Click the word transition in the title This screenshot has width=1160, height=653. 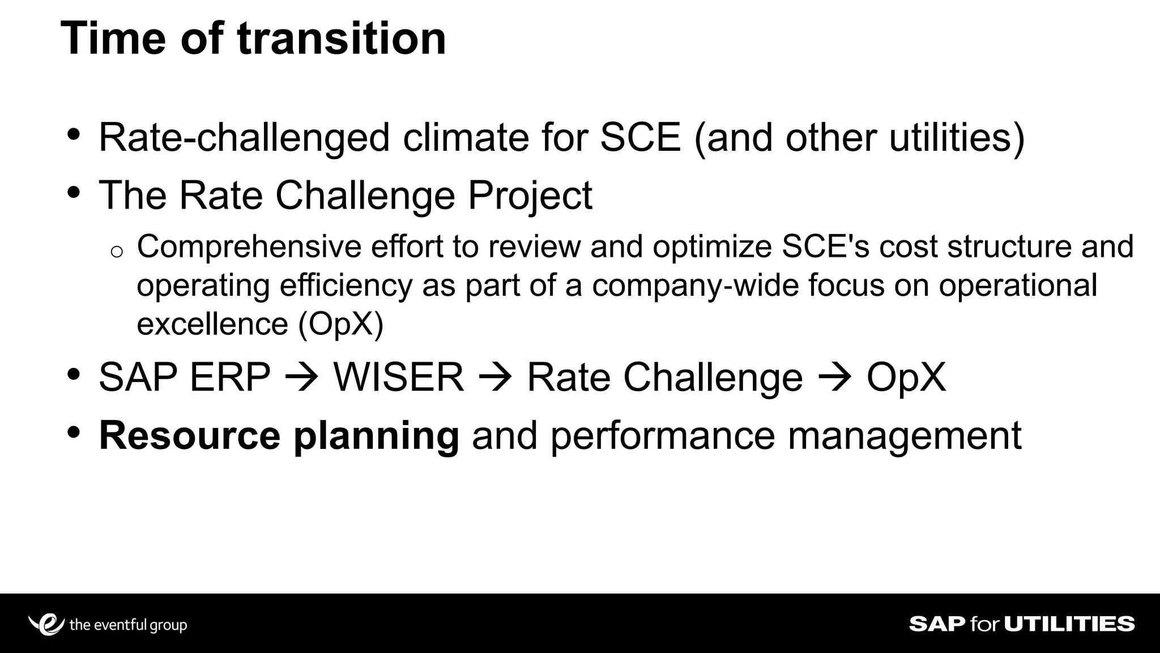(x=342, y=39)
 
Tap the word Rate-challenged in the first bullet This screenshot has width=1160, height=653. (x=244, y=138)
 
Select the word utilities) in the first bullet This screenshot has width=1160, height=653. (x=957, y=138)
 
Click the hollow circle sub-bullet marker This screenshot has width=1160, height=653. (x=117, y=252)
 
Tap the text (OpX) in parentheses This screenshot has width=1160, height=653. (x=341, y=324)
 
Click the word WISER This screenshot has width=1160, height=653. (x=398, y=378)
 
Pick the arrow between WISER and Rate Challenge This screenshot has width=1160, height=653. (x=495, y=378)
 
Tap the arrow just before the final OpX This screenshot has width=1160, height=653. (x=834, y=378)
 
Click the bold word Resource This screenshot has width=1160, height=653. (x=189, y=436)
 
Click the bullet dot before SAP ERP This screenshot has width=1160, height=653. (x=73, y=375)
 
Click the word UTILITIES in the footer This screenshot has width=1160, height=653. (x=1069, y=624)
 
